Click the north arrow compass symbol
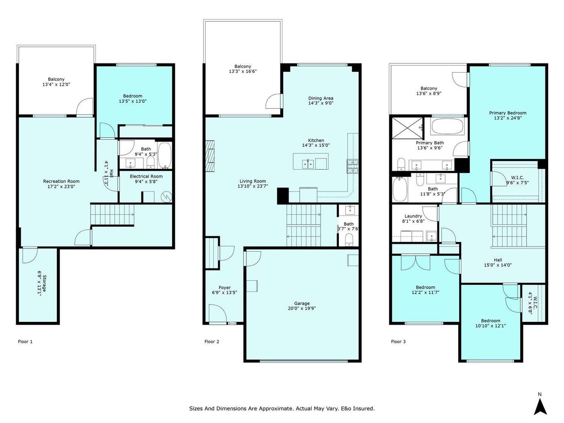coord(540,404)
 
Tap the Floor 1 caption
coord(25,342)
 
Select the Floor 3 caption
coord(398,342)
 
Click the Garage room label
coord(302,304)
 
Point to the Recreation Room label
coord(61,181)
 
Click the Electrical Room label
coord(146,176)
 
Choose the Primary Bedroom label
coord(508,113)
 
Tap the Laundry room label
coord(413,216)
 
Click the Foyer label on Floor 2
coord(224,288)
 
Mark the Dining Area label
coord(321,98)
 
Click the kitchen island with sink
coord(310,161)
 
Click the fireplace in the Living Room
coord(211,155)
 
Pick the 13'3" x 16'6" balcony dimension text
coord(243,71)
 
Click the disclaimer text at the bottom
coord(282,408)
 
